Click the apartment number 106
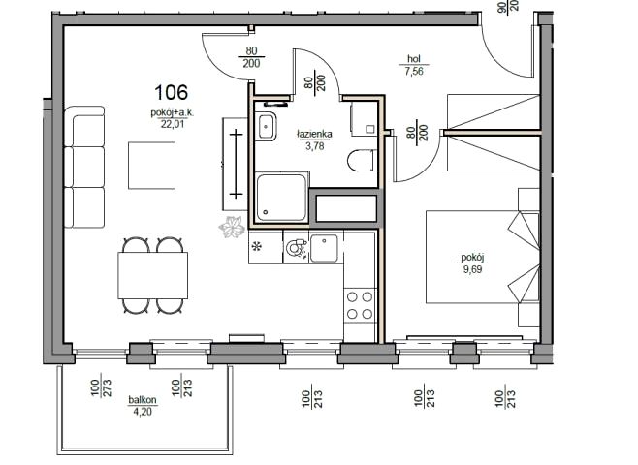tap(171, 92)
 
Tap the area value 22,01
tap(173, 124)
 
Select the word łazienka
tap(314, 134)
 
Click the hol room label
tap(414, 59)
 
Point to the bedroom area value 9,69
tap(472, 269)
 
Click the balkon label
tap(143, 400)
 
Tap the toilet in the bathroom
tap(362, 160)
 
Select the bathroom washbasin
tap(267, 126)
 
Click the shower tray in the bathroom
tap(281, 197)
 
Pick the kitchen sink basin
tap(324, 248)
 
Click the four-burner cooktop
tap(360, 305)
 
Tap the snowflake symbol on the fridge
tap(257, 246)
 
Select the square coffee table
tap(152, 166)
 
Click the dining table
tap(153, 275)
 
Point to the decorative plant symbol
tap(232, 227)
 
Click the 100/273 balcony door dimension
tap(101, 388)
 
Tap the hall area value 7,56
tap(414, 72)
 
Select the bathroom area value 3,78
tap(315, 146)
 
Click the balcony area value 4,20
tap(143, 412)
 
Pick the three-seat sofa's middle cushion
tap(84, 167)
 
